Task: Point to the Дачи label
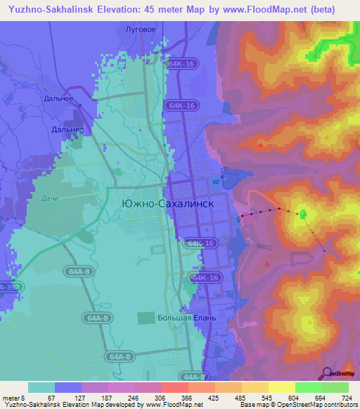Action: pos(50,197)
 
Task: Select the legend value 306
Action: pos(149,397)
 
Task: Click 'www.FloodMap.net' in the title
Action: pos(262,9)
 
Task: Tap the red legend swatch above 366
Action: pos(174,387)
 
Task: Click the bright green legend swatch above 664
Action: pos(309,387)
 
